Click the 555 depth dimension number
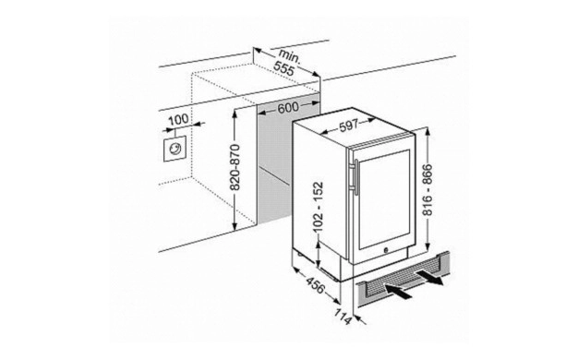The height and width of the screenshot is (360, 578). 283,68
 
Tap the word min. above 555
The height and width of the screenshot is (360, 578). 290,56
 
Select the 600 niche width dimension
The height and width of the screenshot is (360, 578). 288,108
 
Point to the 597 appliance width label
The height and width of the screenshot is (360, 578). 349,126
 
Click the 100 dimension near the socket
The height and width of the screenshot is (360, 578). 178,119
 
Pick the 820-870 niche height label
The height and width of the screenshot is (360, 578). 235,167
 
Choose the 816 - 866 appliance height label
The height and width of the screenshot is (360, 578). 427,190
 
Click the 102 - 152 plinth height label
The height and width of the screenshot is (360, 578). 318,207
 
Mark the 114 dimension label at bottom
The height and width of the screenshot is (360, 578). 343,317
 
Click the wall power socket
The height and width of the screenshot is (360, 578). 175,149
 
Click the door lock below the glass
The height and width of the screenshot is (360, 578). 386,249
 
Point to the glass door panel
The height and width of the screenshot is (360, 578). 384,199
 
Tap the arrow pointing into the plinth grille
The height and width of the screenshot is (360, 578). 398,291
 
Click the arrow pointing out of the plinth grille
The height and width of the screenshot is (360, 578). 430,277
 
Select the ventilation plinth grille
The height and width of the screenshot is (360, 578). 403,279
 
